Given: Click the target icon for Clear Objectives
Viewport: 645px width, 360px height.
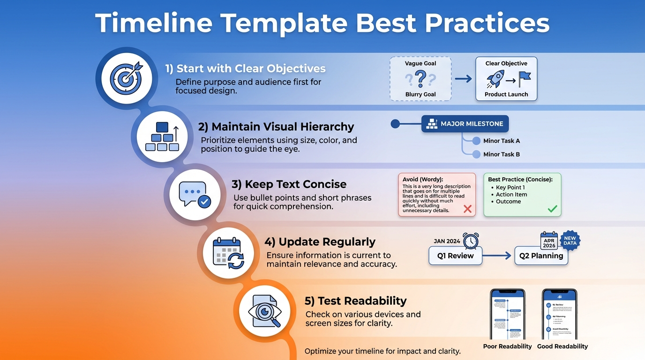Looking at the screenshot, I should coord(126,77).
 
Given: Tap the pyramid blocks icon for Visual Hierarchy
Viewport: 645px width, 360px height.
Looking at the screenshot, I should coord(162,136).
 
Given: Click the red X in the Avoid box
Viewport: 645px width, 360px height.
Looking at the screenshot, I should coord(467,209).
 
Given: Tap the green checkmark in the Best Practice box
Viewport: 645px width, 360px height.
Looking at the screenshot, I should coord(553,209).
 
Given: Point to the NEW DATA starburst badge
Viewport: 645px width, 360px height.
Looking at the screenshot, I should coord(570,240).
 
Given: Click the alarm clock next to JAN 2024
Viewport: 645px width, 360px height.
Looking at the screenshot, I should coord(471,241).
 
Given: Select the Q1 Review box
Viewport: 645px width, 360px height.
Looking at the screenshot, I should coord(455,256).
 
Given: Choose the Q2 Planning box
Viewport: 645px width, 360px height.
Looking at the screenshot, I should coord(541,256).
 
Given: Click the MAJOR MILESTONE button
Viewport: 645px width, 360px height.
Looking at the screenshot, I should coord(465,124).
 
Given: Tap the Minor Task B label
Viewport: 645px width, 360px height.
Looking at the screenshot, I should coord(501,154).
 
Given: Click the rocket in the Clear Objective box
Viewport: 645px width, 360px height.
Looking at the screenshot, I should coord(495,79).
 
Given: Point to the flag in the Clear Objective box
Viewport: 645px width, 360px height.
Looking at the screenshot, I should coord(525,79).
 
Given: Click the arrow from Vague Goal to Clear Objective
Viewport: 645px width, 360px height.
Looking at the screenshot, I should coord(463,79).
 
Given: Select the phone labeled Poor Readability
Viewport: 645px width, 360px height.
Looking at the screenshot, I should coord(508,314).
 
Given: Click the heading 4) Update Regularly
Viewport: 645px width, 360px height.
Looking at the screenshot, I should coord(320,242).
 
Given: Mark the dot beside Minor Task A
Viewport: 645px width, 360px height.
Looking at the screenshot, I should coord(476,141).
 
